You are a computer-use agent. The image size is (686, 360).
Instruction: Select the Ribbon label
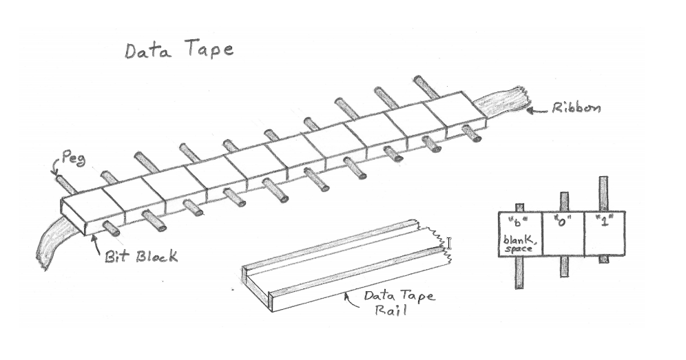[x=576, y=109]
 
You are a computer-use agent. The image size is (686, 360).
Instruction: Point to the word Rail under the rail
[x=391, y=310]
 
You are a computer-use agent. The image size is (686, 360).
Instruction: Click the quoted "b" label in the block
[x=519, y=222]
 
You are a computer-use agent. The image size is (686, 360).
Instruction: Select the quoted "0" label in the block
[x=563, y=222]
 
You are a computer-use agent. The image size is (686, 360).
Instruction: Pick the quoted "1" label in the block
[x=604, y=222]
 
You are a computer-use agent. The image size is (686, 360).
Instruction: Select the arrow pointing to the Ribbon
[x=534, y=110]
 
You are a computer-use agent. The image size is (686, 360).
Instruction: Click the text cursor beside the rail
[x=449, y=243]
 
